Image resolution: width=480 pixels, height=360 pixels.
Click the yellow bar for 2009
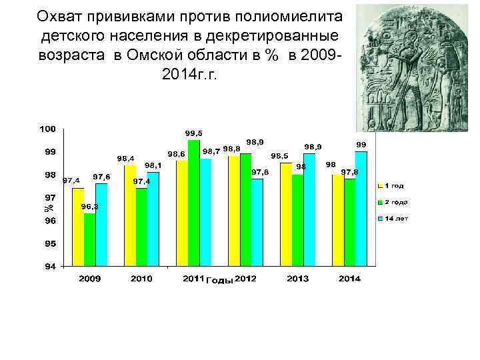point(78,227)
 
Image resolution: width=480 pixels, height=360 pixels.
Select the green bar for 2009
point(89,240)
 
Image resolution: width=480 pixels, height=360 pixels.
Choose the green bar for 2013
point(297,220)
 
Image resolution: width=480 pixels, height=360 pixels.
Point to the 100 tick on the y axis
point(47,128)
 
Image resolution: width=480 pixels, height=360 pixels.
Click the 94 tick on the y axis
point(50,267)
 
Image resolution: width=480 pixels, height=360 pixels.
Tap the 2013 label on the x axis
point(298,278)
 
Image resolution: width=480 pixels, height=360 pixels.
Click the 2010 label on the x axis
point(141,278)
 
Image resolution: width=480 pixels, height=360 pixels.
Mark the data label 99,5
point(194,133)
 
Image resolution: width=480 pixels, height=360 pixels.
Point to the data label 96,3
point(90,207)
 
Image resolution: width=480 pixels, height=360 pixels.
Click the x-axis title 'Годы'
point(219,280)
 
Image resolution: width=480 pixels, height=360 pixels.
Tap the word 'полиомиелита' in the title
point(287,15)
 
